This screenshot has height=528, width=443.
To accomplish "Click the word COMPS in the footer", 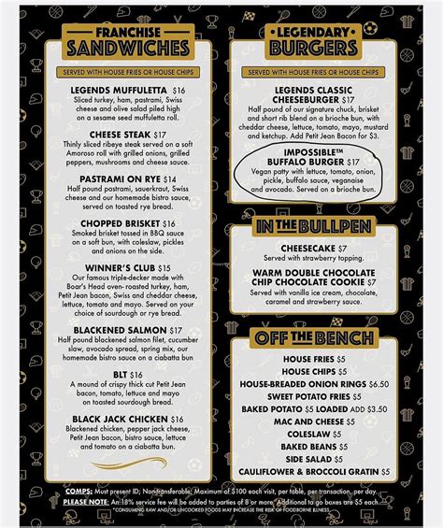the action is coord(80,492).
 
